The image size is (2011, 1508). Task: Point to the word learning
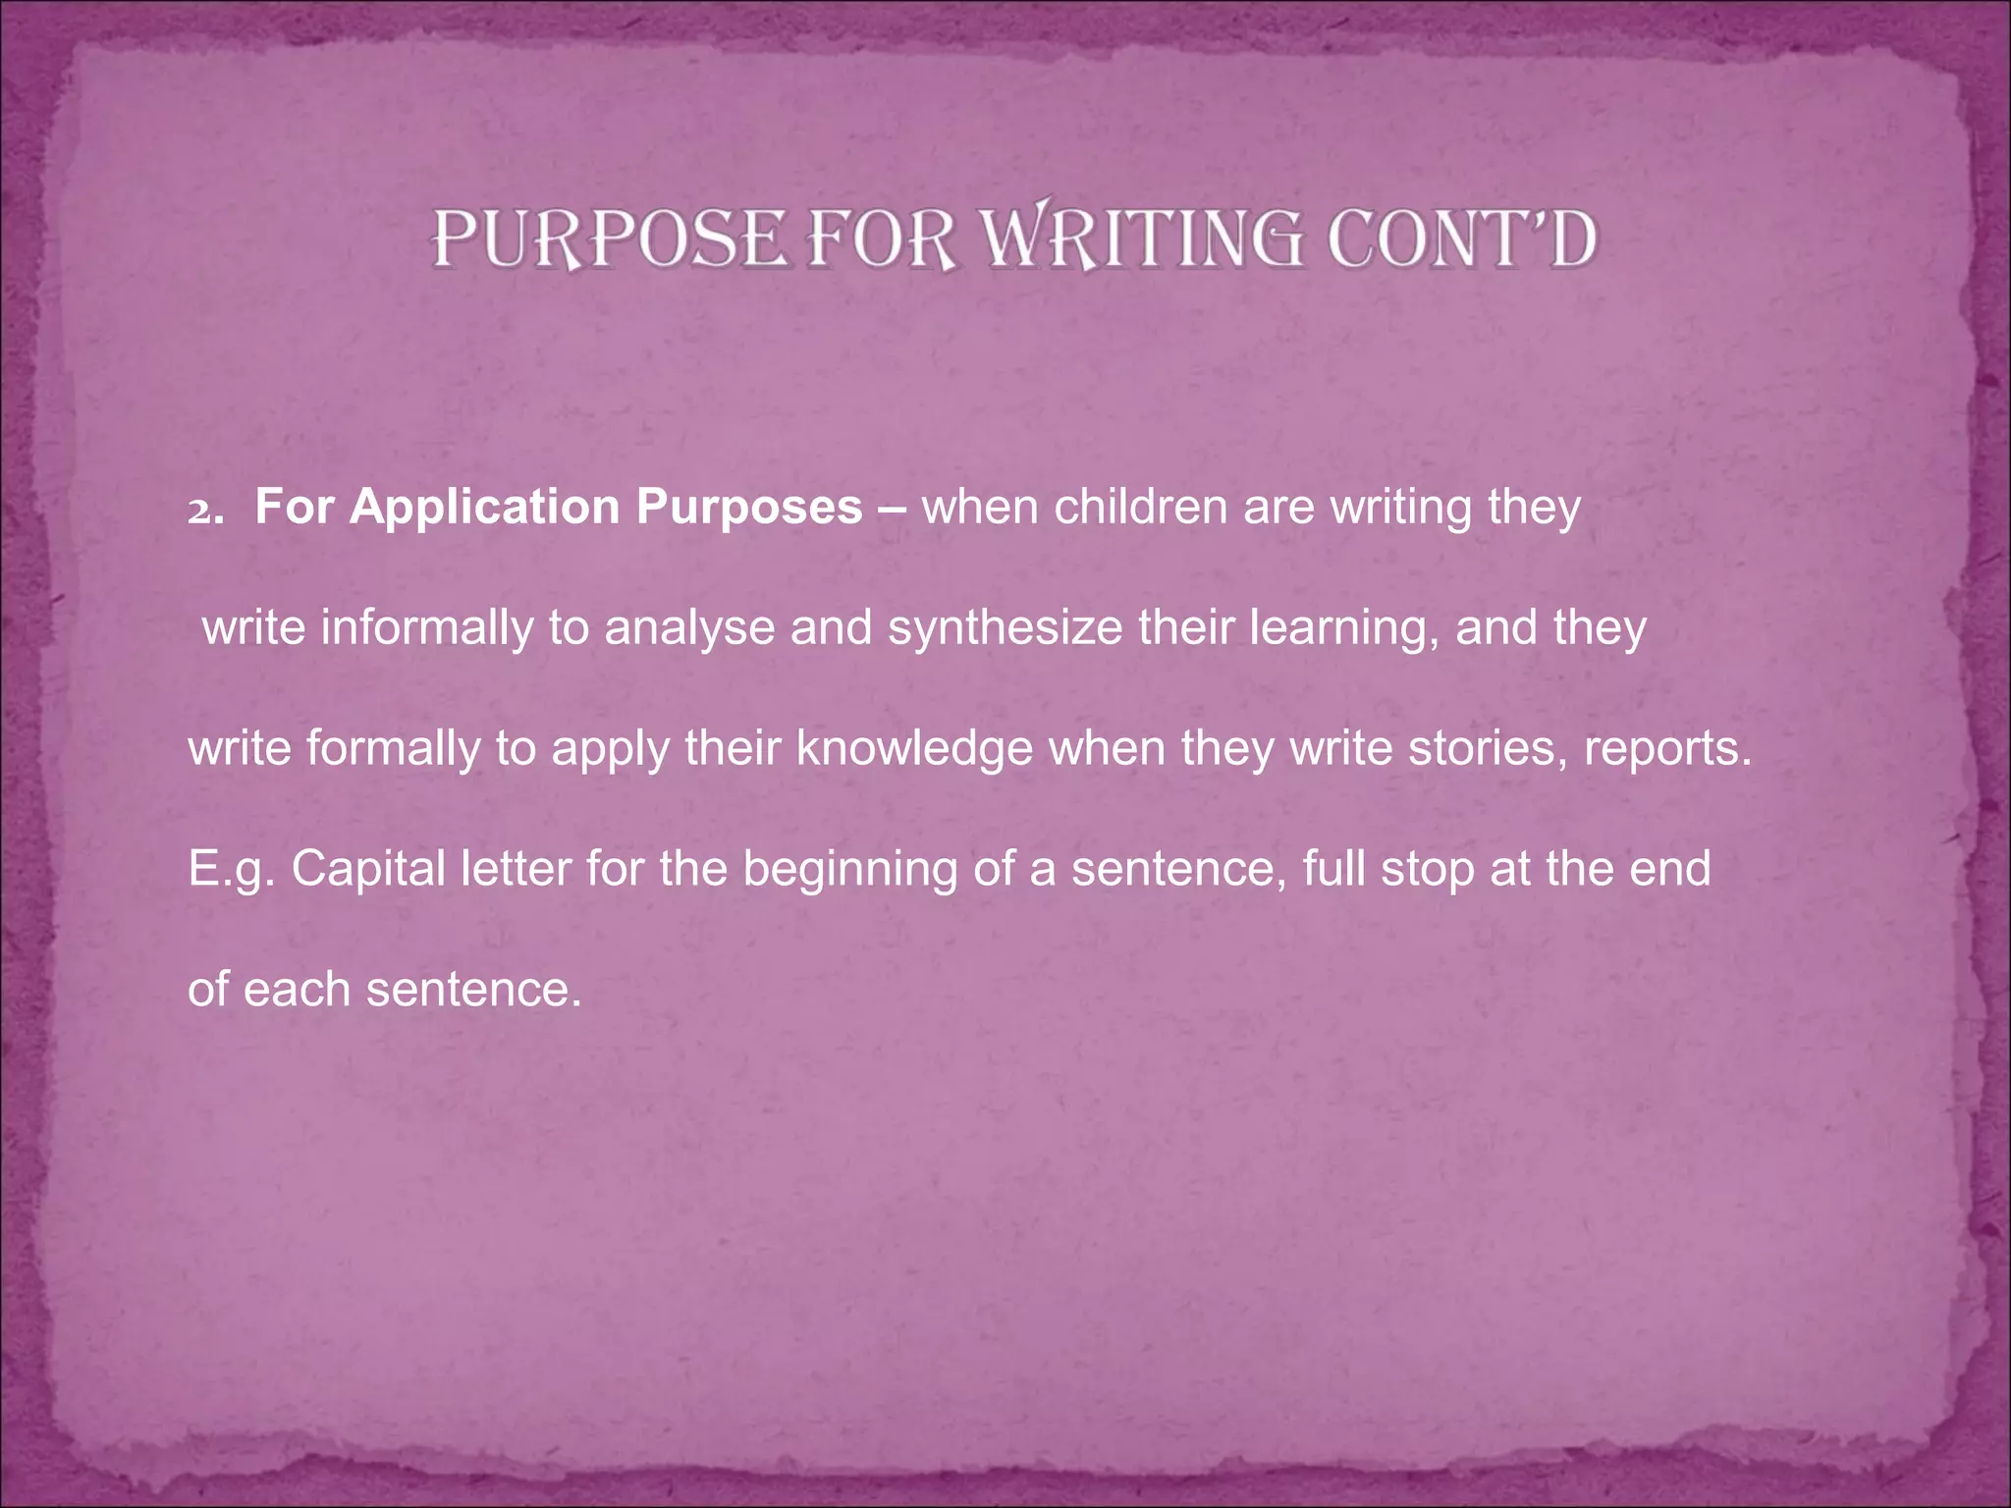1339,628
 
